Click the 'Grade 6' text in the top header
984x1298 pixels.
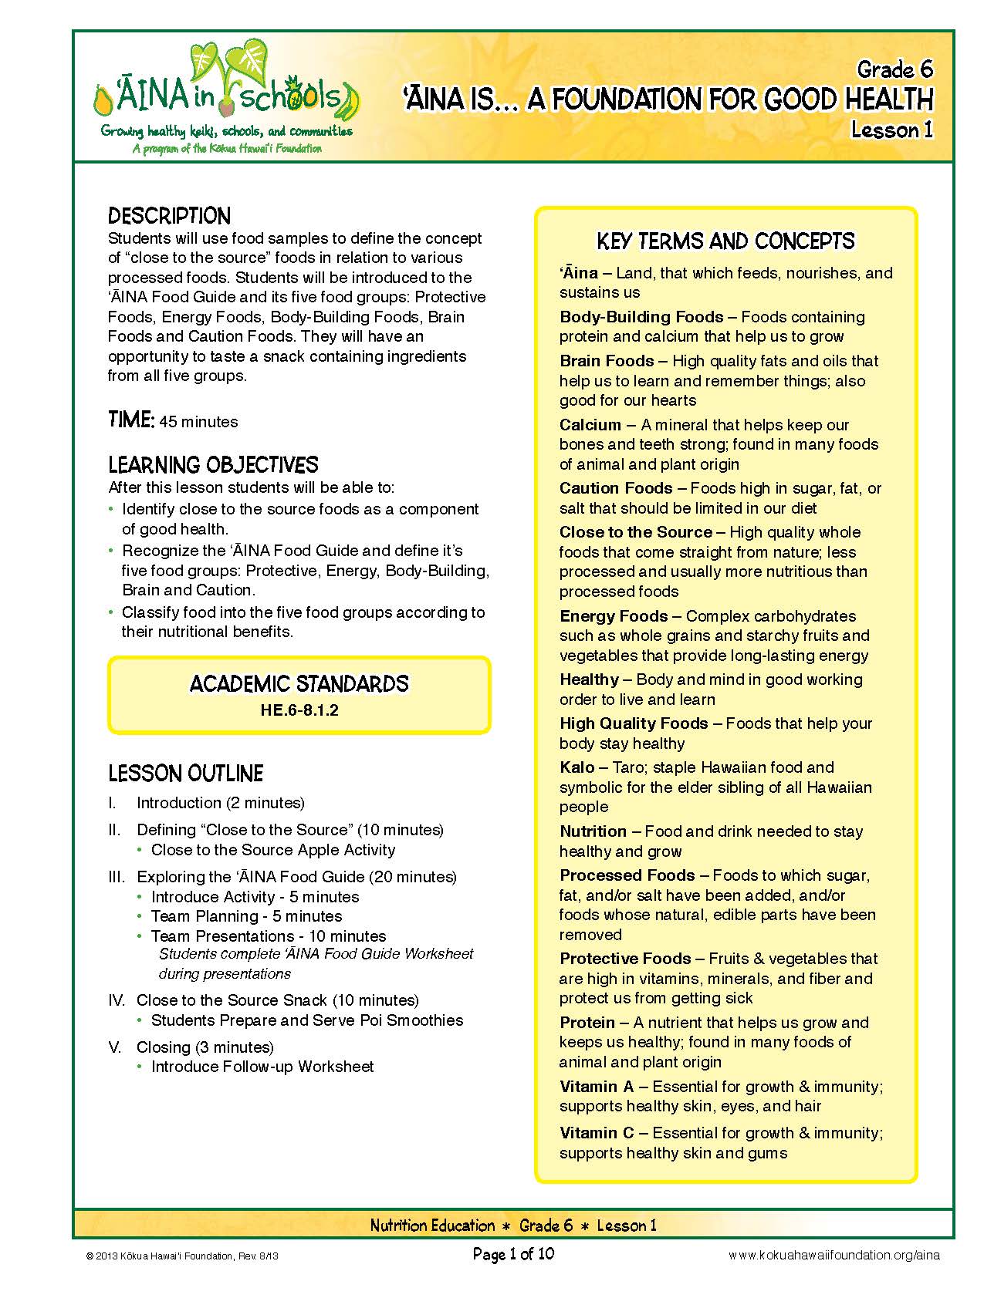[x=894, y=70]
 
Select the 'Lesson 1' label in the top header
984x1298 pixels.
[x=891, y=130]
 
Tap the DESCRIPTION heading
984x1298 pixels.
[x=170, y=216]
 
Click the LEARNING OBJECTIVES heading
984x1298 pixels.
[x=213, y=465]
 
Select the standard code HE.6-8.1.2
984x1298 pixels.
[x=299, y=710]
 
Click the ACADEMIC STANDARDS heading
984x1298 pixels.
[x=299, y=683]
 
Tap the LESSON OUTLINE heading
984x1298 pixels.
[x=185, y=774]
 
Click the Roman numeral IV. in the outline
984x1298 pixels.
[x=117, y=1000]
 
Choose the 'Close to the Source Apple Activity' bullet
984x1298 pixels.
[x=273, y=850]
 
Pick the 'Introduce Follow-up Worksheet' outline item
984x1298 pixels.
[x=262, y=1067]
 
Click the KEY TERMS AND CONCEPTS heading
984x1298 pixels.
[x=725, y=241]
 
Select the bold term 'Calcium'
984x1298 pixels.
[x=590, y=425]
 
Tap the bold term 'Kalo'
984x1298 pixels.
[x=577, y=767]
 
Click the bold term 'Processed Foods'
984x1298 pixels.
[x=627, y=875]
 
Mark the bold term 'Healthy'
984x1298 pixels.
[x=590, y=679]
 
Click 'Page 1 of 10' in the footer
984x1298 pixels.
[x=513, y=1254]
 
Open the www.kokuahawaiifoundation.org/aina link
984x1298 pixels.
[x=834, y=1255]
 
